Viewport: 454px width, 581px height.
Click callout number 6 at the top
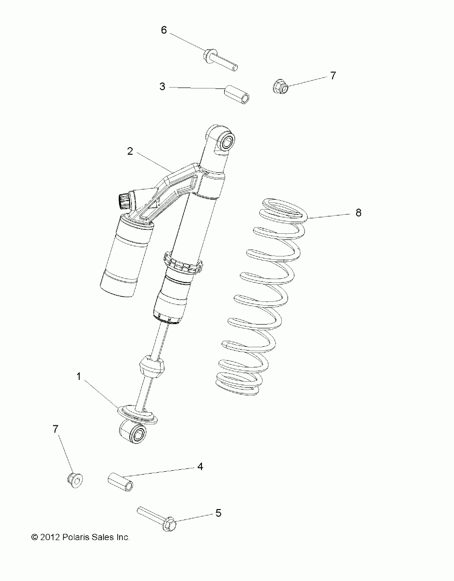164,30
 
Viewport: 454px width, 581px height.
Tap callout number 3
162,87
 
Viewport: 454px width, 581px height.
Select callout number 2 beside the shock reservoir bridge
130,151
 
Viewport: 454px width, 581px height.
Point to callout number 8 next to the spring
358,213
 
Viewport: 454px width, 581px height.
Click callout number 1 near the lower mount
79,377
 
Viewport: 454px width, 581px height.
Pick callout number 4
200,467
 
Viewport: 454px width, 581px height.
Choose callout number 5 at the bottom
218,512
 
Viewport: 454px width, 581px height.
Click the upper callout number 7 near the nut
333,75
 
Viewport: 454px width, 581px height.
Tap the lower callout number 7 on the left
56,429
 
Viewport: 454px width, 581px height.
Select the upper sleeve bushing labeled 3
237,94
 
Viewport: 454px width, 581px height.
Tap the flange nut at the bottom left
74,479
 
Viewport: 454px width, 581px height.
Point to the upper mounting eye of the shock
226,141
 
